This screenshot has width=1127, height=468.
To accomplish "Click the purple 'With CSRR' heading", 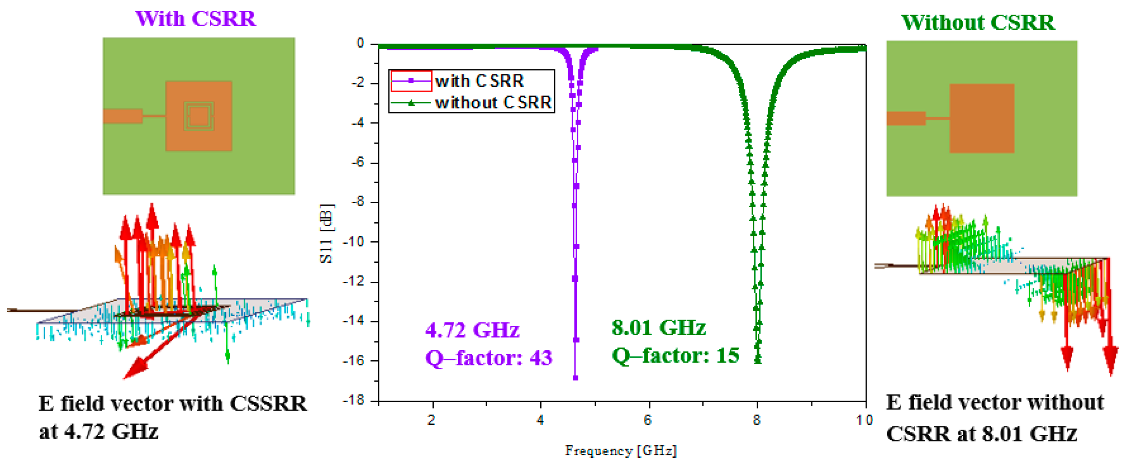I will pos(195,19).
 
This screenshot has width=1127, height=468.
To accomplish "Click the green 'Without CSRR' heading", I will pos(978,22).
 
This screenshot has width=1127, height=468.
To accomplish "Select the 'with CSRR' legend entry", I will pos(479,81).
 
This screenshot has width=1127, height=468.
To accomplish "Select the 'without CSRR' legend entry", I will pos(493,102).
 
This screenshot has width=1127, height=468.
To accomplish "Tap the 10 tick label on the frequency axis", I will pos(864,420).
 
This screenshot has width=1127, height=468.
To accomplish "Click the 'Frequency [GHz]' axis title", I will pos(621,451).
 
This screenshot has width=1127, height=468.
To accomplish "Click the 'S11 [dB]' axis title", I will pos(326,233).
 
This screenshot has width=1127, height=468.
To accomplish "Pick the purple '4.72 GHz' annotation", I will pos(472,330).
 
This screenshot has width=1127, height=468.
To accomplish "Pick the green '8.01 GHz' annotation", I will pos(658,328).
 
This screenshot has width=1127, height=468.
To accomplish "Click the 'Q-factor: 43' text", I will pos(489,358).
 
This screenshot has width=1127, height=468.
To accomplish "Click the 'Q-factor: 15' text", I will pos(675,355).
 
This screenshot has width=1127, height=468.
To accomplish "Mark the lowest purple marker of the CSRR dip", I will pos(575,378).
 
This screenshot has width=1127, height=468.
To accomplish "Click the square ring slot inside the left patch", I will pos(199,117).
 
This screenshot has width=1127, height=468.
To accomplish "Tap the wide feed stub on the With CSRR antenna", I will pos(123,116).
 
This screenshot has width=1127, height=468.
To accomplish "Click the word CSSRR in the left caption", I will pos(268,404).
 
